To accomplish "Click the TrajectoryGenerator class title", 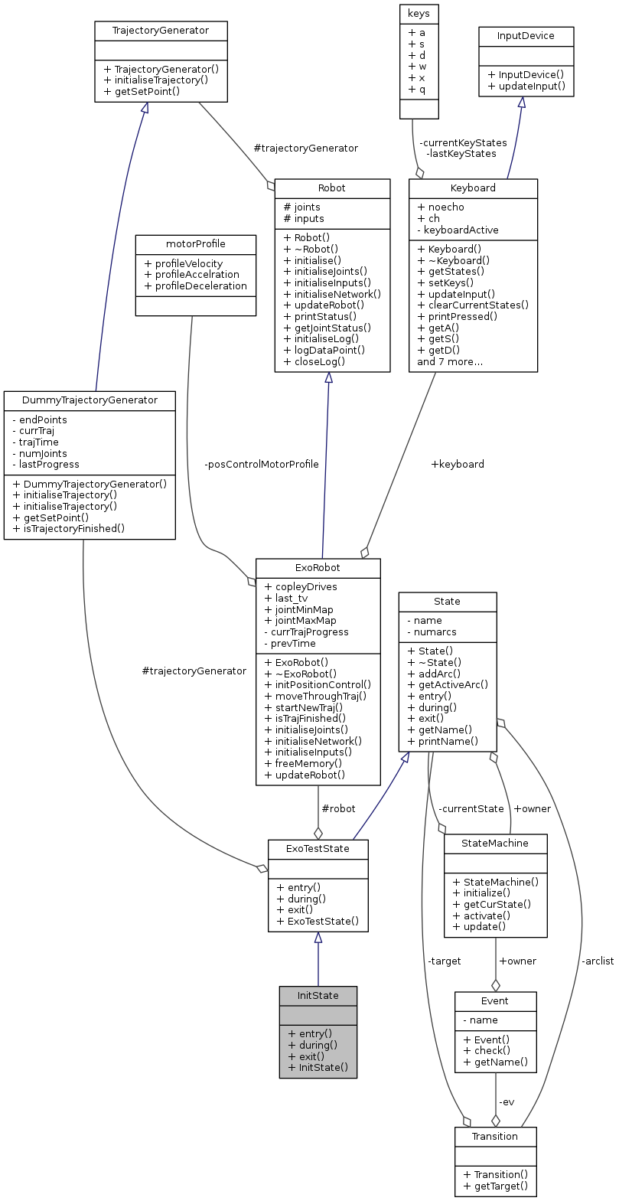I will [x=160, y=31].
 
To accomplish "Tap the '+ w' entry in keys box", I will [x=418, y=66].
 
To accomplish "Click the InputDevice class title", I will [x=525, y=35].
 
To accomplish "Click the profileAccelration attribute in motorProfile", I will [x=191, y=274].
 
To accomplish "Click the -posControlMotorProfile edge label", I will [x=262, y=464].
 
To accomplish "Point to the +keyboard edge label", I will [x=458, y=464].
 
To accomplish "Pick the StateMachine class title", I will [x=495, y=844].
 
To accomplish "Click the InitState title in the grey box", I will [x=318, y=995].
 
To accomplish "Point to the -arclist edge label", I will [x=597, y=961].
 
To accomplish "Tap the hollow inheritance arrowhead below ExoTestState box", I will [x=318, y=938].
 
